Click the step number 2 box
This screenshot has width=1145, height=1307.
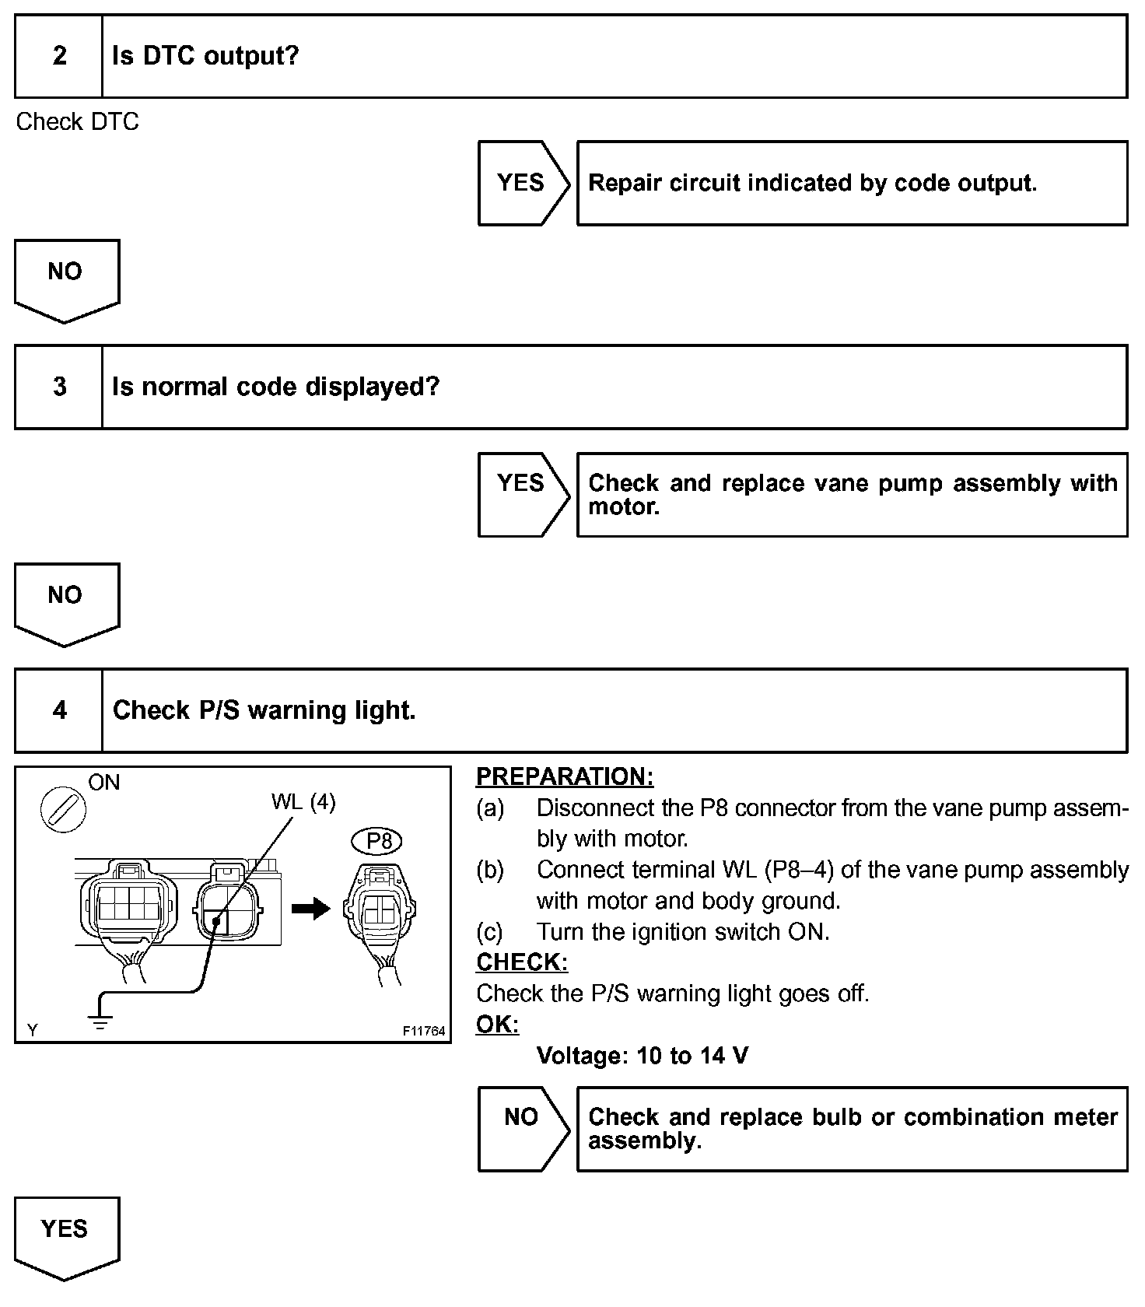click(x=59, y=56)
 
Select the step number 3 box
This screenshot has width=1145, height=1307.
click(x=59, y=387)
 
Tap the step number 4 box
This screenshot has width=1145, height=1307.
click(x=59, y=710)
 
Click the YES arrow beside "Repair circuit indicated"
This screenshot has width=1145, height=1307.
click(x=522, y=183)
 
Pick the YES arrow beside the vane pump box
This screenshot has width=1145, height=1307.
click(x=522, y=493)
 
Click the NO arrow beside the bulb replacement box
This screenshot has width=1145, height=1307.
click(x=522, y=1127)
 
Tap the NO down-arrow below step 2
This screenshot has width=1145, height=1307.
click(x=66, y=279)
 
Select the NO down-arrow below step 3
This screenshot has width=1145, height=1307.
click(x=66, y=602)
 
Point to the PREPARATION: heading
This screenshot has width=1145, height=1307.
click(x=565, y=776)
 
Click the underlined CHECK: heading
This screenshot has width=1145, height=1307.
click(x=522, y=962)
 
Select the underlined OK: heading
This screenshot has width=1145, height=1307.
click(x=497, y=1025)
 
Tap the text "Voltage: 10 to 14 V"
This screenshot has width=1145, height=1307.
click(x=643, y=1056)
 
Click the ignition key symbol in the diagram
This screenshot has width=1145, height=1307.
click(x=63, y=809)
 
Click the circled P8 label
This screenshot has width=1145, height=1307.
click(x=379, y=841)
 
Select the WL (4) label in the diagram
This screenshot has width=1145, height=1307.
click(x=303, y=802)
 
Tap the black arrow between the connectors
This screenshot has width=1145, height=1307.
click(x=311, y=908)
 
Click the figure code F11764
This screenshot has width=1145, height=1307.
click(x=424, y=1031)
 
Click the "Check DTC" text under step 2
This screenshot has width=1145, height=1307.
click(x=78, y=122)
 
